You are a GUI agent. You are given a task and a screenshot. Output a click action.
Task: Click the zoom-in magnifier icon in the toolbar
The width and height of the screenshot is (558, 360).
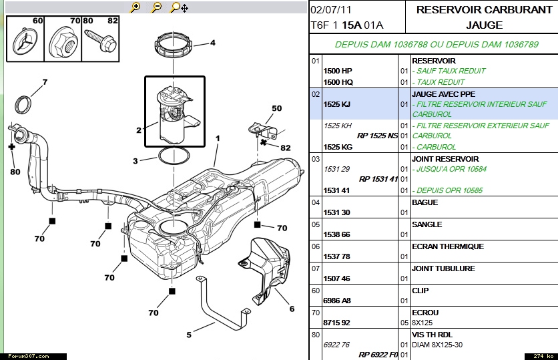click(x=135, y=7)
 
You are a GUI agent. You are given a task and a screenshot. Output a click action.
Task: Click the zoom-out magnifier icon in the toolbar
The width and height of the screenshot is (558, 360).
click(x=156, y=7)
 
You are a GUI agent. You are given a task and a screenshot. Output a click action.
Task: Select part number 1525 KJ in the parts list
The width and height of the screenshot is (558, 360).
click(x=337, y=105)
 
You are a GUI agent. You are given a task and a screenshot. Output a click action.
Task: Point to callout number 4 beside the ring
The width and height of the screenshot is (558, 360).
click(x=213, y=43)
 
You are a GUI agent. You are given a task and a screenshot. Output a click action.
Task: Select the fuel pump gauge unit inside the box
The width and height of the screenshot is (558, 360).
click(x=172, y=112)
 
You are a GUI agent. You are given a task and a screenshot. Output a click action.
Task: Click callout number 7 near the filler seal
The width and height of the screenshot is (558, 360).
click(x=45, y=83)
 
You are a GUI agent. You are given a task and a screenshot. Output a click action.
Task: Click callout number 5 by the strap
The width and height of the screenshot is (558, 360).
click(x=189, y=335)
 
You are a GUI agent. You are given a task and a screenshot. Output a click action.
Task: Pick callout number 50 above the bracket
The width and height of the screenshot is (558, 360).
click(x=276, y=108)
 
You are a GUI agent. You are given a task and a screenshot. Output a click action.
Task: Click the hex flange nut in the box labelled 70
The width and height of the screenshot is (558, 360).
click(x=63, y=43)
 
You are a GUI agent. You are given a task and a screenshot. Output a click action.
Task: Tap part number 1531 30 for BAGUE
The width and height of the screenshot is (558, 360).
click(x=337, y=212)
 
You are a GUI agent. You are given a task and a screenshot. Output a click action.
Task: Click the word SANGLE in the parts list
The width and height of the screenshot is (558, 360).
click(x=427, y=224)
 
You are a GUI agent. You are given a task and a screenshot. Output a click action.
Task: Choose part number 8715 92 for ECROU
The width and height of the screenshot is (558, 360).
click(x=337, y=323)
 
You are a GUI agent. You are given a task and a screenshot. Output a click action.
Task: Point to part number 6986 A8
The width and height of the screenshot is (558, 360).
click(x=338, y=301)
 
